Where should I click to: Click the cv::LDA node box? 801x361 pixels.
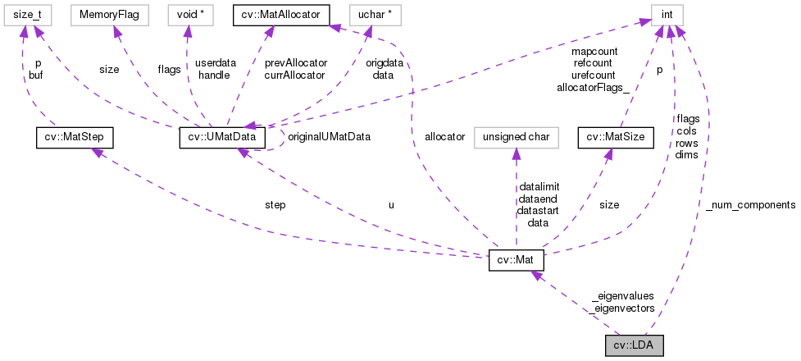click(x=634, y=345)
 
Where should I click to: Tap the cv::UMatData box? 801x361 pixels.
click(x=221, y=137)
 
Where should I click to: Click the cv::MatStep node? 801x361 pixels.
click(x=75, y=137)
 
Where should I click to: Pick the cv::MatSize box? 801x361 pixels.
click(x=616, y=137)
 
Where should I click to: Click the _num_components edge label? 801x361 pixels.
click(x=750, y=204)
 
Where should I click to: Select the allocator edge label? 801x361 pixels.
click(x=444, y=136)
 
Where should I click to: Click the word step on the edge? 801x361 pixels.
click(x=275, y=204)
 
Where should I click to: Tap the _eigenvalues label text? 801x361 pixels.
click(x=621, y=296)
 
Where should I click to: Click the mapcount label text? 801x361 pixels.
click(x=594, y=50)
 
